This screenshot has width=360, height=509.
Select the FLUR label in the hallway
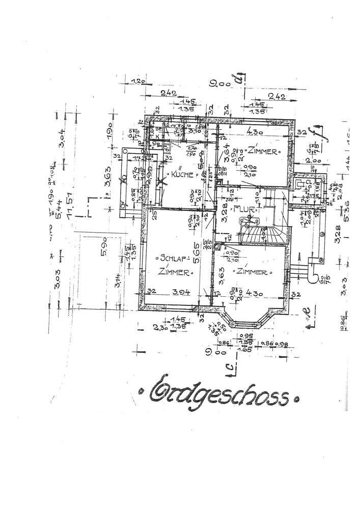pyautogui.click(x=241, y=208)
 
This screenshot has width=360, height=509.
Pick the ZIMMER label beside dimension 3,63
pyautogui.click(x=250, y=272)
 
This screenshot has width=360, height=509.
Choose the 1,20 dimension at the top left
pyautogui.click(x=138, y=81)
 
